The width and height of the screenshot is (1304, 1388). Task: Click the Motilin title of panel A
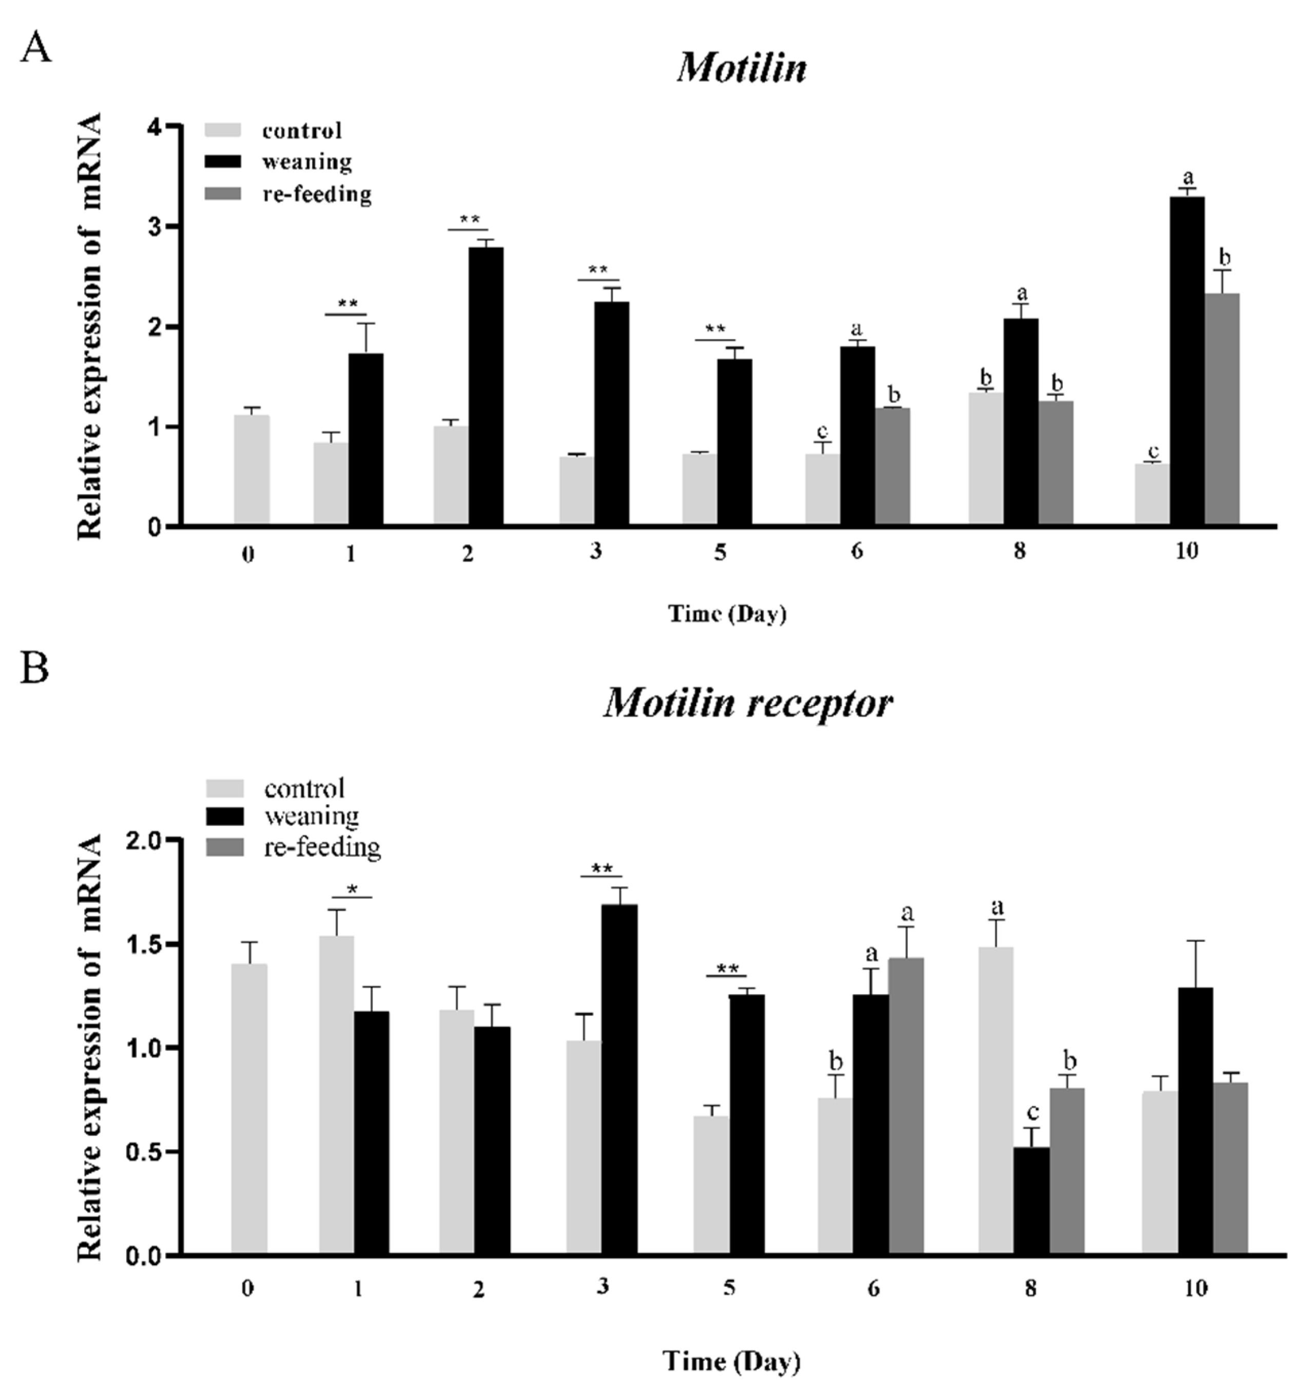(x=742, y=68)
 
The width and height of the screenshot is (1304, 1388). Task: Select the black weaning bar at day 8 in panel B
(x=1031, y=1200)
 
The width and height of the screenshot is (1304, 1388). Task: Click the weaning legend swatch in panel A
(x=223, y=161)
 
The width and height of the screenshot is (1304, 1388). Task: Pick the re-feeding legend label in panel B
(x=322, y=847)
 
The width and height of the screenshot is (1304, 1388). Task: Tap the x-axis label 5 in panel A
(x=719, y=552)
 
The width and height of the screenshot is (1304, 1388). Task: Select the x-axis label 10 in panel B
(x=1196, y=1287)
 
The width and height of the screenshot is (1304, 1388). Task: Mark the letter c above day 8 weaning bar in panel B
(x=1033, y=1111)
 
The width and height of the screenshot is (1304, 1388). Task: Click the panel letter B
(x=35, y=668)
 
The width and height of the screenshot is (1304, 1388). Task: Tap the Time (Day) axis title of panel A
(x=727, y=614)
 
